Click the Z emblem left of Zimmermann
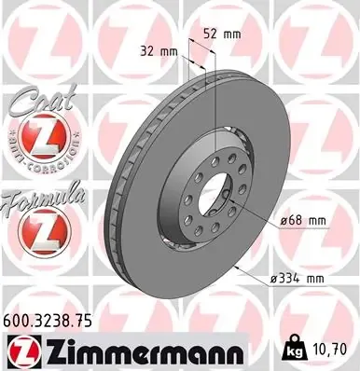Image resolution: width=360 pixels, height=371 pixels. point(23,350)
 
